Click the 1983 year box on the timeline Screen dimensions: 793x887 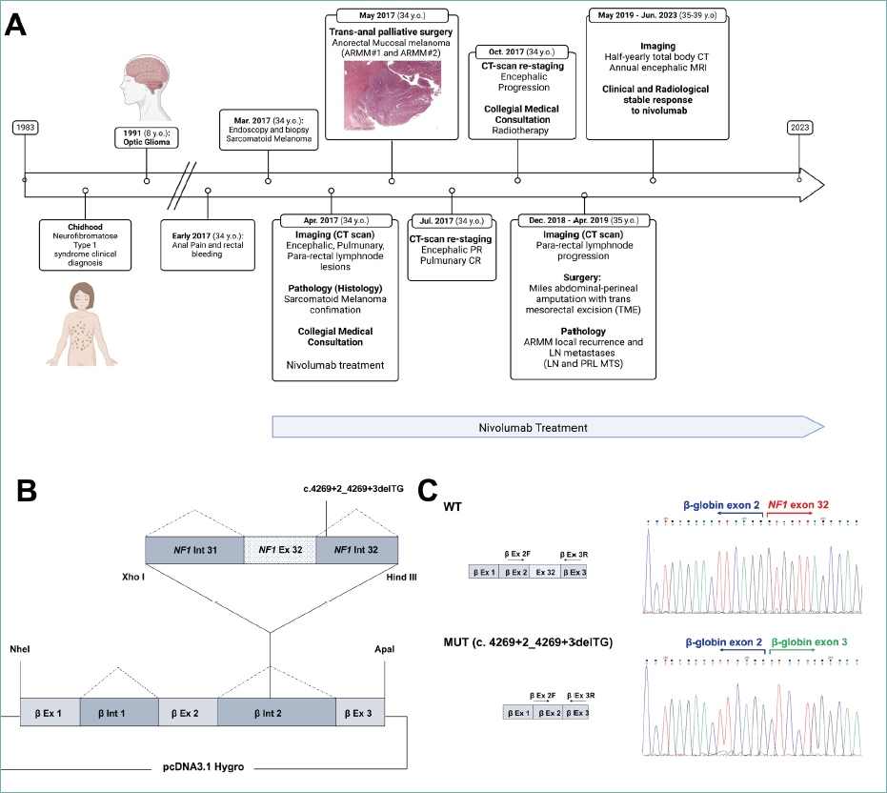[25, 127]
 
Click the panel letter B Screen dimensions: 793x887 [27, 491]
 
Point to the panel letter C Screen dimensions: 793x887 [428, 491]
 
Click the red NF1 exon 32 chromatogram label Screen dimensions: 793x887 [801, 506]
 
